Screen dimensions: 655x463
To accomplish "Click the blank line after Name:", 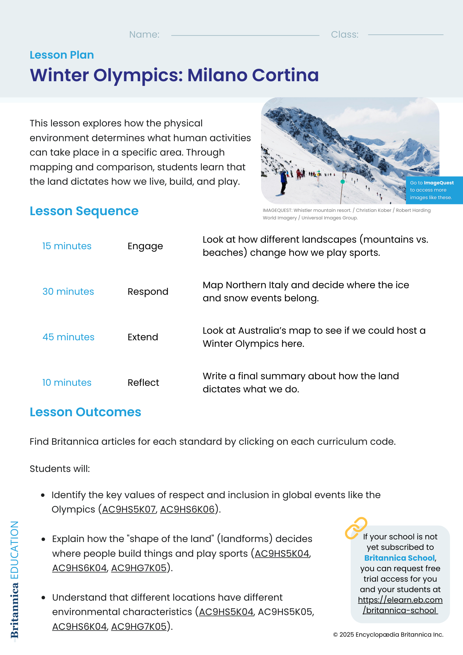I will pyautogui.click(x=245, y=35).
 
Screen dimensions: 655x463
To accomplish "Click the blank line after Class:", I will pyautogui.click(x=405, y=35).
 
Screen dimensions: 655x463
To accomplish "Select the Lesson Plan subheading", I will pyautogui.click(x=62, y=55).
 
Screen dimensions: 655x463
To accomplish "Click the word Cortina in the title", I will pyautogui.click(x=286, y=75).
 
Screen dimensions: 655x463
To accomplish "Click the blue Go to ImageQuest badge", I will pyautogui.click(x=434, y=190).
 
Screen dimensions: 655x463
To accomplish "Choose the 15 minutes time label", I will pyautogui.click(x=67, y=246).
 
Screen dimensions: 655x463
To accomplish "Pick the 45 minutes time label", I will pyautogui.click(x=68, y=337).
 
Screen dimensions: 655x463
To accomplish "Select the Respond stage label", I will pyautogui.click(x=148, y=292).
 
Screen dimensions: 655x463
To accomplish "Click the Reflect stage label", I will pyautogui.click(x=143, y=383).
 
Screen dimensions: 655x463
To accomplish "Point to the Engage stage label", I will pyautogui.click(x=145, y=246).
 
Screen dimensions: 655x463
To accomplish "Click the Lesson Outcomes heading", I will pyautogui.click(x=85, y=412).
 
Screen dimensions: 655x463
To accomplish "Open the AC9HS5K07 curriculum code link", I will pyautogui.click(x=129, y=510).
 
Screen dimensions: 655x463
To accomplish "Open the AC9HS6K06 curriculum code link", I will pyautogui.click(x=187, y=510).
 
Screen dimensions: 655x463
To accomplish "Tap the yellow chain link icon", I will pyautogui.click(x=356, y=528).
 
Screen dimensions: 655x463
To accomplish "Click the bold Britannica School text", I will pyautogui.click(x=399, y=558).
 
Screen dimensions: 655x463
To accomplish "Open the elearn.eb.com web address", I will pyautogui.click(x=400, y=605).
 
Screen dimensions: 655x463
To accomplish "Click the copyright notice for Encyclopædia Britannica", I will pyautogui.click(x=388, y=635).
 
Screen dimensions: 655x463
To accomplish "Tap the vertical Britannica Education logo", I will pyautogui.click(x=14, y=580).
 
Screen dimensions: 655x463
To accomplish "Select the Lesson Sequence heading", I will pyautogui.click(x=84, y=211).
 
